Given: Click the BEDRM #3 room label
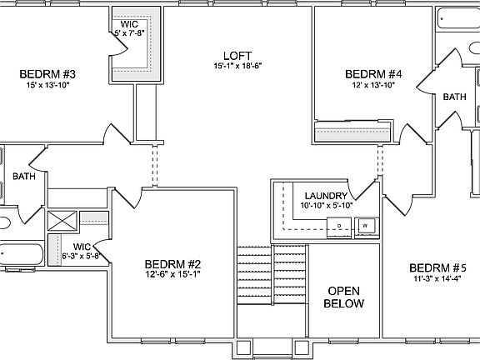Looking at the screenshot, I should pos(47,74).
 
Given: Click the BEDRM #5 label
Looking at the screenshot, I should pos(437,267).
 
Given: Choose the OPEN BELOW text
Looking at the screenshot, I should pos(345,297).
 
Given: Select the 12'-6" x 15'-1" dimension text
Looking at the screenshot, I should pos(172,273).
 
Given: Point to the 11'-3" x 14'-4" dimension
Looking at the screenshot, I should pos(437,279).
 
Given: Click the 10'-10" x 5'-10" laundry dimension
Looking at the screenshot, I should pos(326,205).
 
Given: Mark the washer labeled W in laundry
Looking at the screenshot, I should pos(364,224).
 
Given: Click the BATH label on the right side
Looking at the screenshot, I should pos(454,97).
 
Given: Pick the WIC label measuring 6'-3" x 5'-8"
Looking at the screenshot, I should pos(81,247).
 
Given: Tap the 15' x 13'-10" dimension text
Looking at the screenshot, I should pos(47,85).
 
